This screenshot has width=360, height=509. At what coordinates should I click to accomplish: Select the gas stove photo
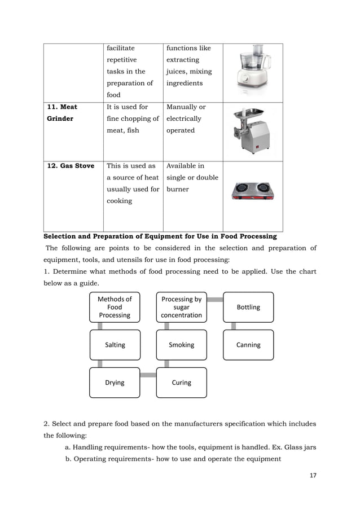[252, 191]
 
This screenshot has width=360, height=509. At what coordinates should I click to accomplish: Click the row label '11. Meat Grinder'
[62, 113]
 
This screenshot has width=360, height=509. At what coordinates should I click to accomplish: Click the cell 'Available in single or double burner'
[192, 177]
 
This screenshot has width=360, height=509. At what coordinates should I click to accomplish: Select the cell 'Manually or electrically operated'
[184, 119]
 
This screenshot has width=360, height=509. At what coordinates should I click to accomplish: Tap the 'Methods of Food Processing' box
[115, 307]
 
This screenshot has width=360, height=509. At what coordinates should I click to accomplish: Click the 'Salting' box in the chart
[115, 345]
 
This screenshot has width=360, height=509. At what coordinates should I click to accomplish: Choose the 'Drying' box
[115, 383]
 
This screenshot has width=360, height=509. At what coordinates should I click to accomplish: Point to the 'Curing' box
[181, 383]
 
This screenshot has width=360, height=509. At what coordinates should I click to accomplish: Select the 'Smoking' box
[181, 345]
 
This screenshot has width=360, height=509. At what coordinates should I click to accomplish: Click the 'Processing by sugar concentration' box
[181, 307]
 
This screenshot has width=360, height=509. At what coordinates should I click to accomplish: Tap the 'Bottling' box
[248, 307]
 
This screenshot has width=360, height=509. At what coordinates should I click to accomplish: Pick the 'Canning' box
[248, 345]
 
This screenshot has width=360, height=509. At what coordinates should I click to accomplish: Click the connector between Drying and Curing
[148, 375]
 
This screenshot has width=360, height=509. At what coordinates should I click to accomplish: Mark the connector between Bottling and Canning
[234, 326]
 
